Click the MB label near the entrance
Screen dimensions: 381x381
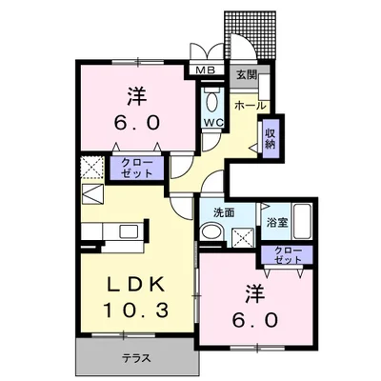(204, 70)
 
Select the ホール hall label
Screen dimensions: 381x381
(250, 105)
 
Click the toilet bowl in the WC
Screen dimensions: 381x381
(211, 101)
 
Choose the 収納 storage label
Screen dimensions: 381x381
(271, 138)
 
